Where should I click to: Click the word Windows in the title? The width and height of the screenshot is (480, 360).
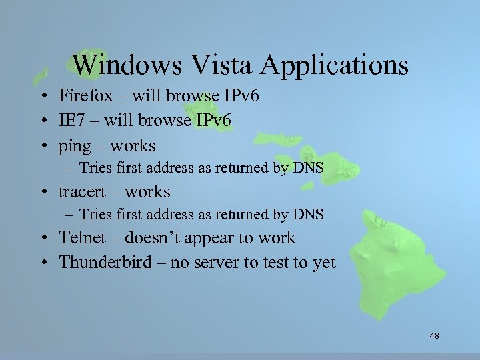coord(127,65)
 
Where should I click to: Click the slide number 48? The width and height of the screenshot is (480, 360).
coord(434,336)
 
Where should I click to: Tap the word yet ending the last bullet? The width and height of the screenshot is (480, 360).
coord(323,262)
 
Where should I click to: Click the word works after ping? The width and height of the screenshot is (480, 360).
coord(133,145)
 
